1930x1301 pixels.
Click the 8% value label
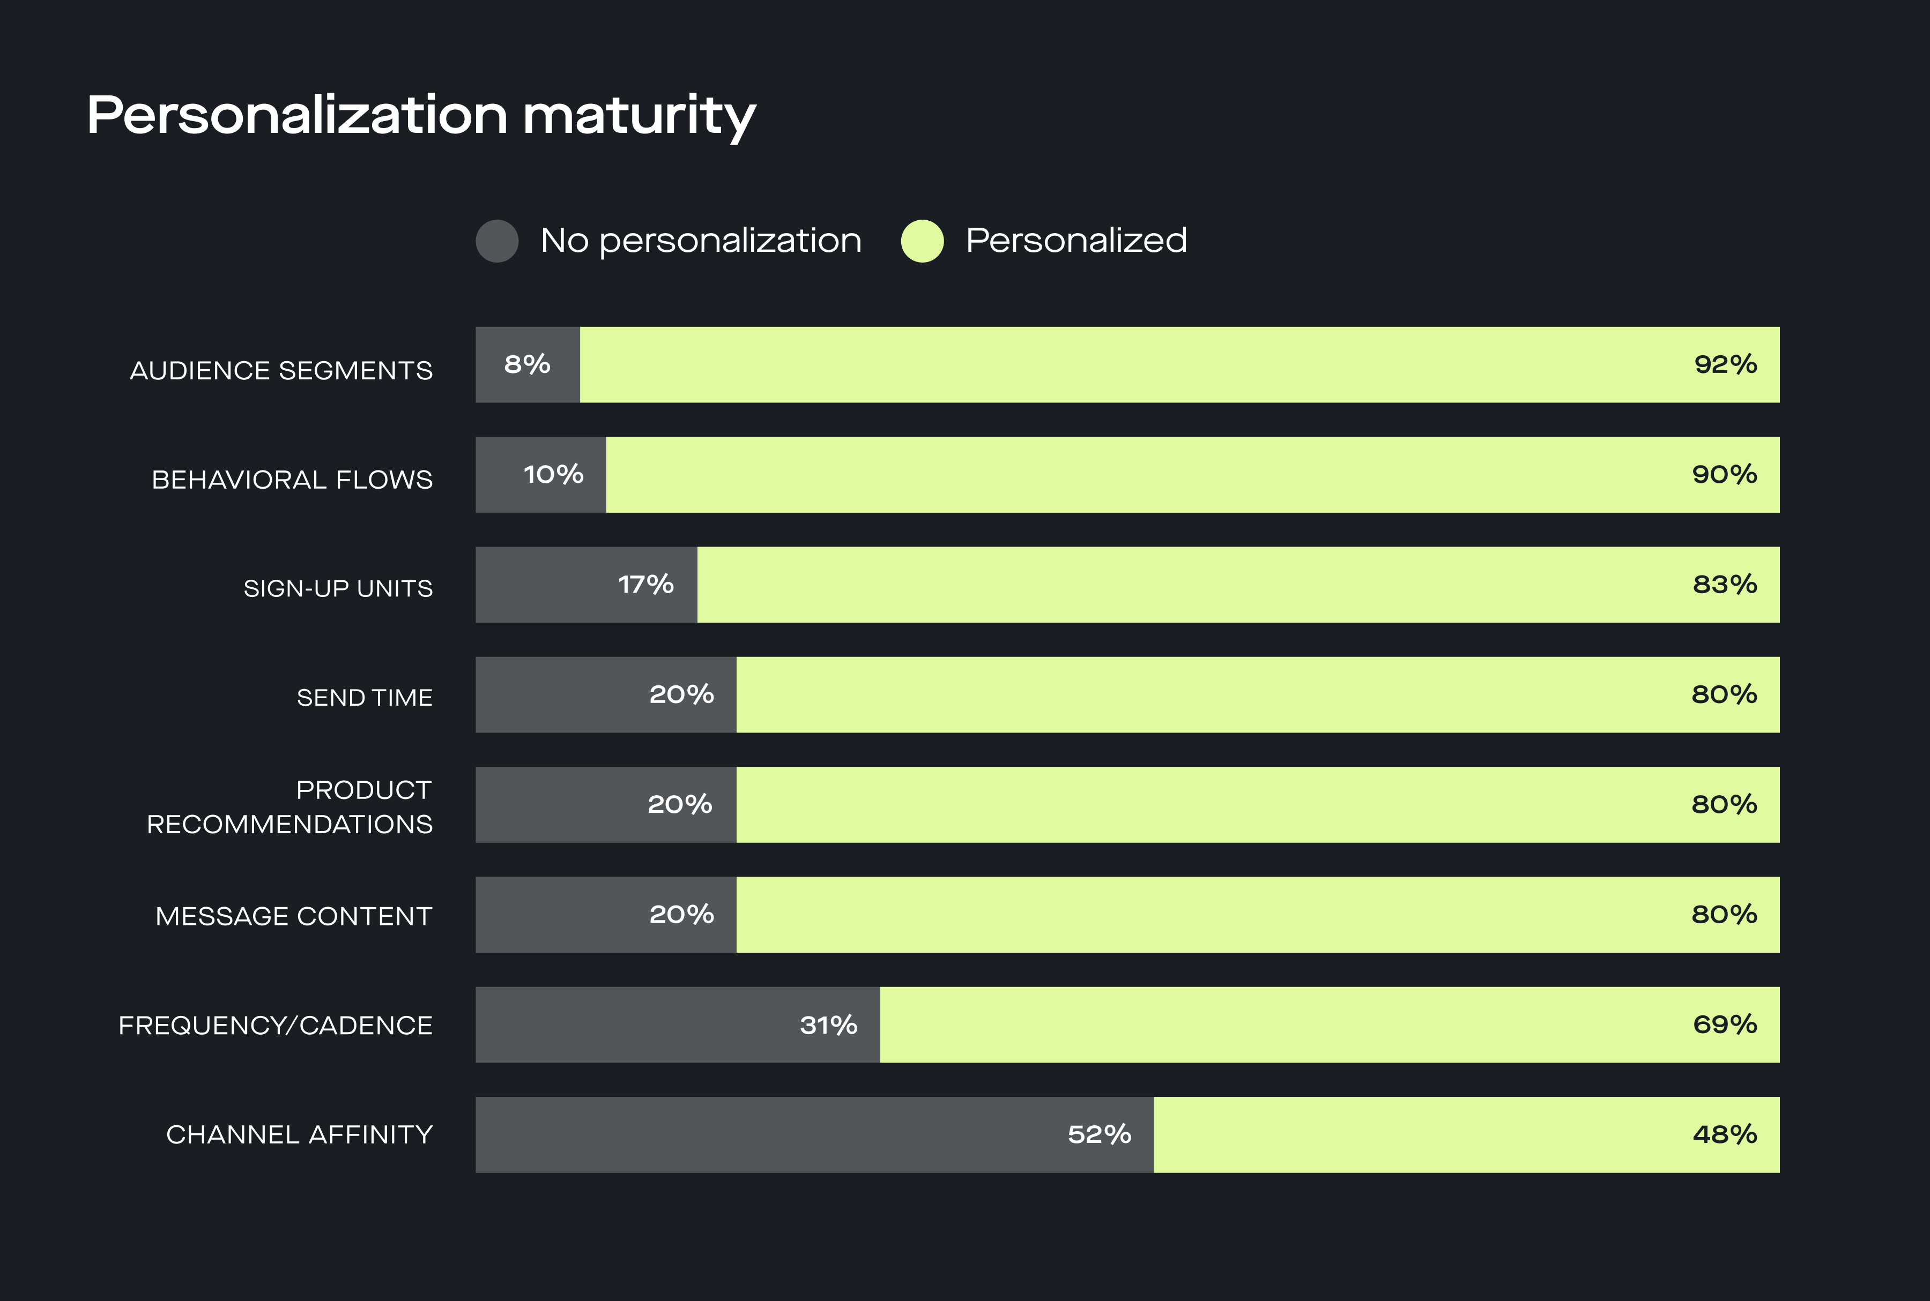(x=527, y=364)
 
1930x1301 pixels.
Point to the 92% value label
(x=1725, y=364)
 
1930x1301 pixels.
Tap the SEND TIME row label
(x=365, y=698)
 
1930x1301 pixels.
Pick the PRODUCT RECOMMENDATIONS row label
(x=289, y=806)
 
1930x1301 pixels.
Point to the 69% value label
(x=1725, y=1025)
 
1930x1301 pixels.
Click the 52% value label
(x=1099, y=1135)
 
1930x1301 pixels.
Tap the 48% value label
(x=1725, y=1135)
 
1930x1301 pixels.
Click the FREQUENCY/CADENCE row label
(x=275, y=1026)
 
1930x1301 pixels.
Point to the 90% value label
(x=1725, y=475)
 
